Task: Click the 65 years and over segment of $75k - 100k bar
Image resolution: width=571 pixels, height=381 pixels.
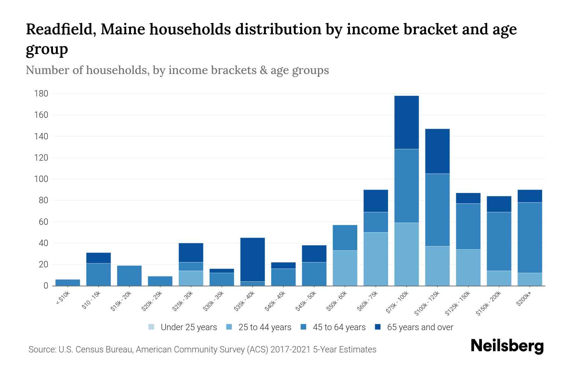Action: (x=406, y=122)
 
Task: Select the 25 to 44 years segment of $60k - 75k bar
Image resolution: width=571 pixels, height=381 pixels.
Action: (x=376, y=259)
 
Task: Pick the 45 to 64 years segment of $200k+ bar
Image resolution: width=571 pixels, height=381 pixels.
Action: (x=530, y=237)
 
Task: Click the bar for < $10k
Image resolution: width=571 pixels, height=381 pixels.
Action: (x=68, y=282)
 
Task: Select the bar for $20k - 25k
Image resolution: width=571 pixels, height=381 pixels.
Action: (x=160, y=281)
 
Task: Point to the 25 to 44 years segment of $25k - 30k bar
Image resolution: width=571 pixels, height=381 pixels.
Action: (x=191, y=278)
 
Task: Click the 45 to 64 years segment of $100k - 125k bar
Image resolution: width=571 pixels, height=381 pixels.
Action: (x=437, y=210)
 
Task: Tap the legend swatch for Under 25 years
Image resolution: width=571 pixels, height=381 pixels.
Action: (x=152, y=327)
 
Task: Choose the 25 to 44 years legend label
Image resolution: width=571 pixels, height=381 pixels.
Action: (x=265, y=327)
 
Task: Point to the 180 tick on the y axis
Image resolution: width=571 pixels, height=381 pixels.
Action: (x=41, y=94)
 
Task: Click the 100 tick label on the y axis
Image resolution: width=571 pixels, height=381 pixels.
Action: (x=41, y=179)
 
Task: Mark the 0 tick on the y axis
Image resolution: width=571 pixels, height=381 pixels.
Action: (x=46, y=286)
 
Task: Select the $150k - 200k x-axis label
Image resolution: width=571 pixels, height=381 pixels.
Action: (x=489, y=303)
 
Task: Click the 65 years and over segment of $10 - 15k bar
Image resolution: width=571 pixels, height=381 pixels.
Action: (x=98, y=258)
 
